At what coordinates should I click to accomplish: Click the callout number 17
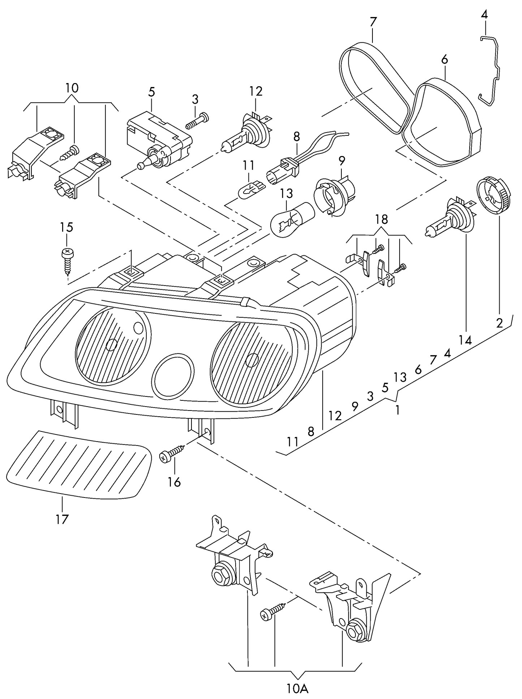tap(62, 519)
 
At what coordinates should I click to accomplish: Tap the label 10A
tap(298, 689)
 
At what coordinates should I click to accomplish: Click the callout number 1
tap(397, 410)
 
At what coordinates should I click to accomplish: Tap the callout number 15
tap(66, 227)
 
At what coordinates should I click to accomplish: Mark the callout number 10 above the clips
tap(72, 88)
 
